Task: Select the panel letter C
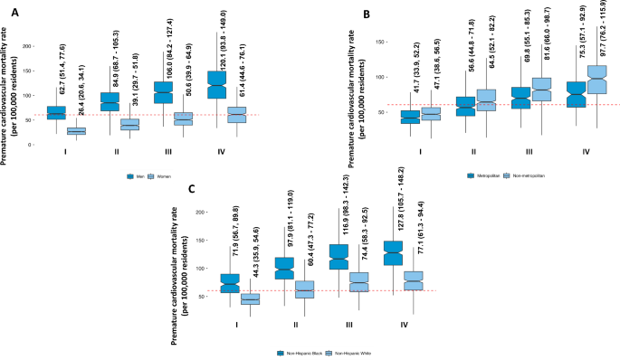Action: point(190,190)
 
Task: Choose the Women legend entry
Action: point(166,176)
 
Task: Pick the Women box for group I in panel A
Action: point(76,131)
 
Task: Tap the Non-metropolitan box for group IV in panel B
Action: point(597,80)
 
